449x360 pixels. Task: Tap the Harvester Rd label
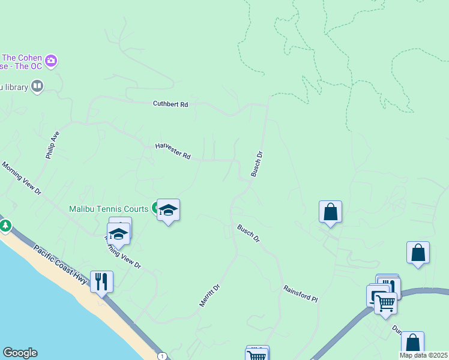(172, 151)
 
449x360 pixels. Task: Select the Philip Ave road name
(53, 145)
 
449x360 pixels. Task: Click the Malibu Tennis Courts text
(109, 209)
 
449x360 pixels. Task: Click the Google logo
(20, 353)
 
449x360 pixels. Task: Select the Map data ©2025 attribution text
(424, 355)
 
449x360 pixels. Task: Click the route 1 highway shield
(162, 356)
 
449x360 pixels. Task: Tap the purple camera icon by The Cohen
(51, 60)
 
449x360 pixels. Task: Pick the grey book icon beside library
(37, 87)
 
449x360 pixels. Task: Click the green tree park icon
(5, 226)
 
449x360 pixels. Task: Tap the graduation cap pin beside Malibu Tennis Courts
(169, 210)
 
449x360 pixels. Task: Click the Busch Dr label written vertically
(257, 163)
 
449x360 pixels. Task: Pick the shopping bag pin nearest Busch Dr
(330, 212)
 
